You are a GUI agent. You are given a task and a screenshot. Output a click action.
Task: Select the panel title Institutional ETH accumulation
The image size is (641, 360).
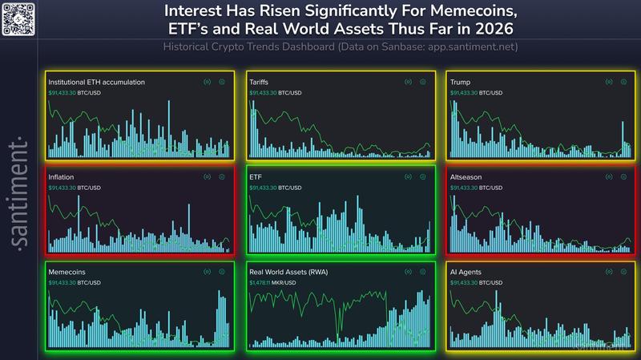click(x=97, y=82)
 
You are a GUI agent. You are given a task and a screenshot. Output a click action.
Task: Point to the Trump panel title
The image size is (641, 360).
click(x=461, y=82)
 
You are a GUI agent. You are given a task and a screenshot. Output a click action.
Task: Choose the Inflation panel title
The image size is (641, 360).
click(x=62, y=176)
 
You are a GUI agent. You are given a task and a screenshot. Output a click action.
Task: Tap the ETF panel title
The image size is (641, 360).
click(x=256, y=176)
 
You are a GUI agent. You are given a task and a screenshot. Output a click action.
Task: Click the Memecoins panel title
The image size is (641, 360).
click(x=67, y=272)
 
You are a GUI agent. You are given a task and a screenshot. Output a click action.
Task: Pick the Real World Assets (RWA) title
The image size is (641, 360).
click(x=288, y=272)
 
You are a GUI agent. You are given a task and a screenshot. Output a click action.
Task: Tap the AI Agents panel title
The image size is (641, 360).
click(x=466, y=272)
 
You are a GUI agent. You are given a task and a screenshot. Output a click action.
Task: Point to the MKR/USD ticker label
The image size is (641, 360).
click(x=292, y=282)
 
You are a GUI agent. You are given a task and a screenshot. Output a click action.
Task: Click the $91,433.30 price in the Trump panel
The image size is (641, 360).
click(x=465, y=92)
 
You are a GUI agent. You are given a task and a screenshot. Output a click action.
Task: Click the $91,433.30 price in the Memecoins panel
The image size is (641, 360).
click(x=62, y=282)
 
